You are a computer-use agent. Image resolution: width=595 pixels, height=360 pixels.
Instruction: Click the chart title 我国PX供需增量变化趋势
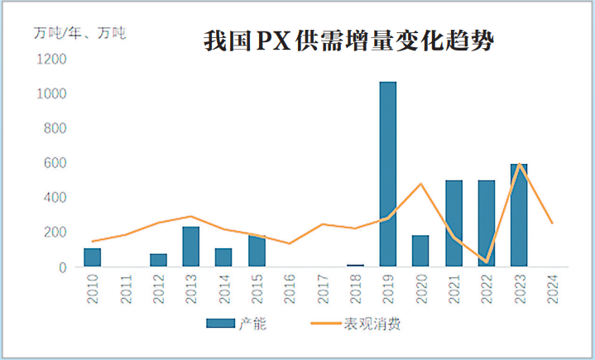tap(348, 41)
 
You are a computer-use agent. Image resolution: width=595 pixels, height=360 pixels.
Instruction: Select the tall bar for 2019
tap(387, 174)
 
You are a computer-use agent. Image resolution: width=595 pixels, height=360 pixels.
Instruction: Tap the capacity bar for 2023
tap(519, 215)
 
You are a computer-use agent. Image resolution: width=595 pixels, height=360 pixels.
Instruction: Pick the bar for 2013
tap(190, 247)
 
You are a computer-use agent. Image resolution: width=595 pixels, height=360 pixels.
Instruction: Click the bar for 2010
tap(92, 257)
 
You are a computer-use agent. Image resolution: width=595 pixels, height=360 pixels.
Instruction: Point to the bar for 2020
tap(420, 251)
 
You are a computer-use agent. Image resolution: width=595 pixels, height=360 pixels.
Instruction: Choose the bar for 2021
tap(453, 223)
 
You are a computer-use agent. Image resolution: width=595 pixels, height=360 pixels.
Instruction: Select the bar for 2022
tap(486, 223)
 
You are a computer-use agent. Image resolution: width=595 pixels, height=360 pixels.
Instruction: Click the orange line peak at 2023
tap(520, 164)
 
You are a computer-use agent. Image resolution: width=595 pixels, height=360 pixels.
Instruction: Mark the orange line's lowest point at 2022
tap(487, 262)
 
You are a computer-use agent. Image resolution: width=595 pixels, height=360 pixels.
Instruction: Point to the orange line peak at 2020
tap(420, 184)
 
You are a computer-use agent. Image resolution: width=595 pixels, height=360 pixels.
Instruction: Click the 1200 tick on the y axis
tap(51, 60)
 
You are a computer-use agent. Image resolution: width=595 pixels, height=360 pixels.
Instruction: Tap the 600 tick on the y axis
tap(55, 163)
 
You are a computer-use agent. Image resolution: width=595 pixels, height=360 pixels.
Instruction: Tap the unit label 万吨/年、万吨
tap(81, 34)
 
